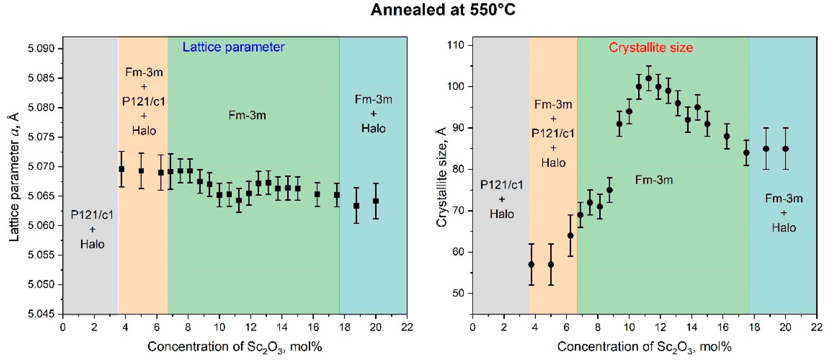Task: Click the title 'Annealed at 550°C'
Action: tap(443, 10)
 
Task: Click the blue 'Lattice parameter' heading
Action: tap(233, 47)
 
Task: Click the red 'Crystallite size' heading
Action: tap(650, 48)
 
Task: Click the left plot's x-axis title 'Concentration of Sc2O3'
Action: tap(235, 347)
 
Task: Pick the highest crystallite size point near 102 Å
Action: tap(649, 78)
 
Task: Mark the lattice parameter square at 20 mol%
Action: tap(376, 201)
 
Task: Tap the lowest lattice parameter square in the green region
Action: tap(239, 200)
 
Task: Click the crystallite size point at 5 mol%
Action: tap(551, 264)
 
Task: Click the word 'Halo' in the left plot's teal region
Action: tap(373, 128)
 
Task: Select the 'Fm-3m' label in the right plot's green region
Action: tap(654, 180)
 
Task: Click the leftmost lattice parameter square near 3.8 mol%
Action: tap(122, 169)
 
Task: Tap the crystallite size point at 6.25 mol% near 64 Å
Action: tap(570, 236)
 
